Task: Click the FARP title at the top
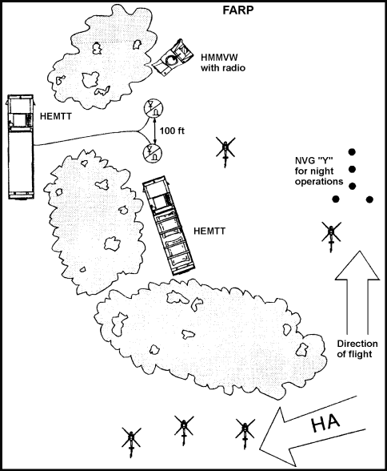[238, 10]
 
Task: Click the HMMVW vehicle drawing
[172, 58]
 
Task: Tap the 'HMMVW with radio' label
[223, 62]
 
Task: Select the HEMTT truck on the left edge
[20, 147]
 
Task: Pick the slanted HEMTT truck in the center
[168, 225]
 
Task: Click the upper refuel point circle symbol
[154, 108]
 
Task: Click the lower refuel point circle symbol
[153, 153]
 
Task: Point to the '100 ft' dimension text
[172, 131]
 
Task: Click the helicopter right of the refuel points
[225, 151]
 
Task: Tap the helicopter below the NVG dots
[331, 235]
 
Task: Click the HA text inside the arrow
[325, 424]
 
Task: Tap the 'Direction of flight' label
[357, 348]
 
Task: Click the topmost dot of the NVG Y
[353, 152]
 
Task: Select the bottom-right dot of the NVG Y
[369, 199]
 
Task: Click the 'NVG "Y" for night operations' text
[319, 171]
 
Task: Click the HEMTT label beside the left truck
[56, 116]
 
